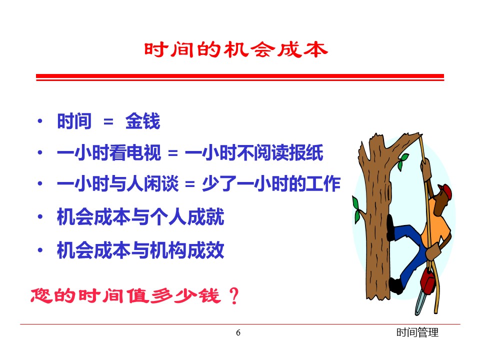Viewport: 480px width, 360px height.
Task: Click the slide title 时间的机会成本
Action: [x=235, y=49]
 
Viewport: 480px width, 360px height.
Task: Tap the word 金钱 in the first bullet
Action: [x=142, y=121]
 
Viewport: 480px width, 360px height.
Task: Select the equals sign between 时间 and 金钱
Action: [x=108, y=122]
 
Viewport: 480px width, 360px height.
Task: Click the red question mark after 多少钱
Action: [x=234, y=295]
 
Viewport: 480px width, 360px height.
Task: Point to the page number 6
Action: [x=238, y=332]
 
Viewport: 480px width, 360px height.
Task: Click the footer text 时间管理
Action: [x=417, y=332]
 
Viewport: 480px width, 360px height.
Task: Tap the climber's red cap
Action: [x=445, y=191]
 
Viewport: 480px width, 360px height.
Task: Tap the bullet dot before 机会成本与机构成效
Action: [x=40, y=250]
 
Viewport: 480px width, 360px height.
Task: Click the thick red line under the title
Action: [x=240, y=76]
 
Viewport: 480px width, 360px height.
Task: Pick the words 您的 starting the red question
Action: [x=53, y=295]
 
